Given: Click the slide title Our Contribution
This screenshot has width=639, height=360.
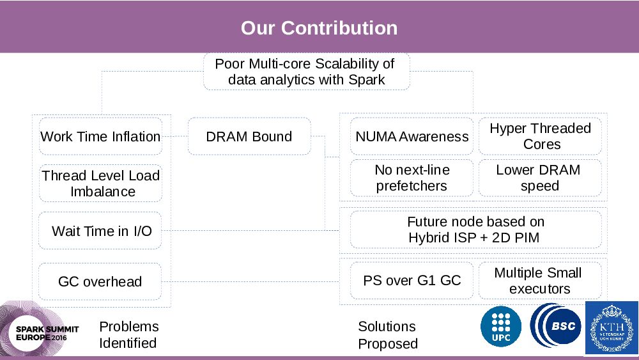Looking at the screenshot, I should click(x=319, y=28).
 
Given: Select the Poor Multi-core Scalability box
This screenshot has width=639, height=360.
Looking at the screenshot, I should click(x=306, y=72).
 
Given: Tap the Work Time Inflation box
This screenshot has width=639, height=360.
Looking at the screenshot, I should click(x=100, y=136).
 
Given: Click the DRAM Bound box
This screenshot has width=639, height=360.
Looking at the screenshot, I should click(x=249, y=136).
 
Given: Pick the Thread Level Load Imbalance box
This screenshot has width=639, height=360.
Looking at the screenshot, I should click(x=100, y=184).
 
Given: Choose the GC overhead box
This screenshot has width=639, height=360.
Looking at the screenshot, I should click(x=100, y=281).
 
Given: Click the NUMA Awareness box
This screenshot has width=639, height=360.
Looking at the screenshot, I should click(x=412, y=136).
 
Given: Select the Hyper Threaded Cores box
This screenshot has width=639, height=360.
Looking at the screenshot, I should click(x=540, y=136).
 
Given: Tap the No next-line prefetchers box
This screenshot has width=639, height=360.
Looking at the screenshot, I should click(x=412, y=178).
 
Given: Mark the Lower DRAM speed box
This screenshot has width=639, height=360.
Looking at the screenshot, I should click(x=540, y=178).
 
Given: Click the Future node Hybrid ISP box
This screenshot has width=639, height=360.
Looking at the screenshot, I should click(x=475, y=230).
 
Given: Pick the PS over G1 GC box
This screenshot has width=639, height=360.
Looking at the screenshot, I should click(x=412, y=280).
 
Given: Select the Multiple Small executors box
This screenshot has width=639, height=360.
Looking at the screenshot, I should click(x=540, y=280).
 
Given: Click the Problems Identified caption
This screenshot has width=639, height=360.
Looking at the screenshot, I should click(x=128, y=334).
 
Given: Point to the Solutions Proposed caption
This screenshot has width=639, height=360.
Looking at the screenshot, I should click(x=387, y=335).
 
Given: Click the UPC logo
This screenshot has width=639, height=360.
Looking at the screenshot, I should click(x=500, y=327).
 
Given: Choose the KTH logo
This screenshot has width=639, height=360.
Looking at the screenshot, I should click(x=612, y=327).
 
